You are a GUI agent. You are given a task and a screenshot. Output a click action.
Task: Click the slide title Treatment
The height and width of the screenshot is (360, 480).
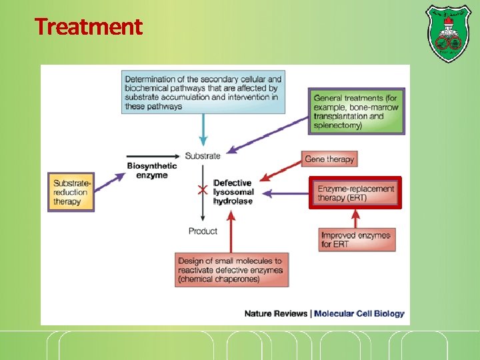coord(88,27)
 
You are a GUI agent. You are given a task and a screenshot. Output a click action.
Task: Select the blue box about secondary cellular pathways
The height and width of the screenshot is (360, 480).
coord(203,92)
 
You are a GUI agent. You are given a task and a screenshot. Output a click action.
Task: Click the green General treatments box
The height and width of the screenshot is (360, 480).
coord(356,111)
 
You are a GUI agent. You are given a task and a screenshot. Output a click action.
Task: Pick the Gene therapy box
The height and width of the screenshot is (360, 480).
coord(330,159)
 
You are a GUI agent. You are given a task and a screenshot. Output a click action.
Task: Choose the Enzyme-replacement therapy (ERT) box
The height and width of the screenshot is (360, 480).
coord(355,193)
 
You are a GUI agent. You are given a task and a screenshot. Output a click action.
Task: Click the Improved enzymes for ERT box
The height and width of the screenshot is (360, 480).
coord(356,239)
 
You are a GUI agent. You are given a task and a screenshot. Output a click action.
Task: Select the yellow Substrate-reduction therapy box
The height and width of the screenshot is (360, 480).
coord(71,192)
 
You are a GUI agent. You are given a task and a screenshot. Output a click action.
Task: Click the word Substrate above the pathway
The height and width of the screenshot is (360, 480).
coord(203,156)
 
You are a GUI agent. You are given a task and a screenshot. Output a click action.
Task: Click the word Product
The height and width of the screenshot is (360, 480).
coord(203,231)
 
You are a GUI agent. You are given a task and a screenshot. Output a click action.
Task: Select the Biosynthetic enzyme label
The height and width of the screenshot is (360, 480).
coord(152,171)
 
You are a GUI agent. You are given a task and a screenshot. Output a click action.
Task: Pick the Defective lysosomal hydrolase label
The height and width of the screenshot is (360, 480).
coord(233,192)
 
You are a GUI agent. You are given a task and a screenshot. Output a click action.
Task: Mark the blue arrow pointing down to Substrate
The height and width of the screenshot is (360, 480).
coord(203,130)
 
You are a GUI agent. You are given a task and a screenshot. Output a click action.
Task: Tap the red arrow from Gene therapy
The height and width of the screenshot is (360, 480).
coord(280,171)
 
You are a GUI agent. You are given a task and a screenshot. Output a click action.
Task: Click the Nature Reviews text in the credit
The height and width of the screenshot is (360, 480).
coord(275,313)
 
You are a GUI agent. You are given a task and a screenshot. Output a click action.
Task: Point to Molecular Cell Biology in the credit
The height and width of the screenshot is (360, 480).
coord(359,313)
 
